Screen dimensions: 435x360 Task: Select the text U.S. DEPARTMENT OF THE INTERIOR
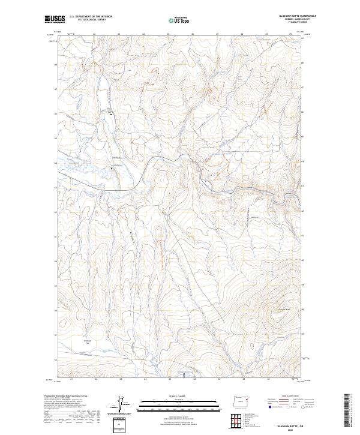pos(91,17)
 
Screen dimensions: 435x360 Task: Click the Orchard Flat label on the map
pos(86,341)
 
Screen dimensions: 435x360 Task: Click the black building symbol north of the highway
pos(110,116)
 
